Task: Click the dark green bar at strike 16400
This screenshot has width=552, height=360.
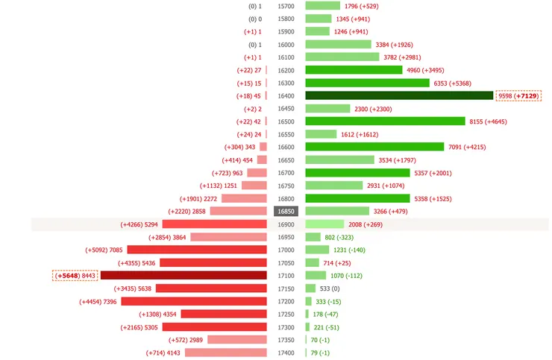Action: tap(400, 95)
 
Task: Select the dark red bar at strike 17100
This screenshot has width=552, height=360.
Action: tap(184, 275)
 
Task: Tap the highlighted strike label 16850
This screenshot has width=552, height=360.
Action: tap(286, 211)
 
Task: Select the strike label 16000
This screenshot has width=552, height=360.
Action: tap(286, 44)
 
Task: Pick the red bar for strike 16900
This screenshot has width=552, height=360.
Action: tap(214, 224)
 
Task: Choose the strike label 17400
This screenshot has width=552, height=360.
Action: tap(286, 353)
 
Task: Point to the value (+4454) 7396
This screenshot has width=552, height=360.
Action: tap(98, 301)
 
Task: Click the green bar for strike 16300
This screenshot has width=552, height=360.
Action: tap(368, 83)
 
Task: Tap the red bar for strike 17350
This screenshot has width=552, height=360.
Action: tap(237, 340)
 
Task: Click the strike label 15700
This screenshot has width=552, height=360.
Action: tap(286, 5)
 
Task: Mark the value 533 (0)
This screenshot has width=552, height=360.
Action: tap(330, 288)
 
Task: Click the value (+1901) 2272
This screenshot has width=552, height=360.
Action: tap(199, 198)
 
